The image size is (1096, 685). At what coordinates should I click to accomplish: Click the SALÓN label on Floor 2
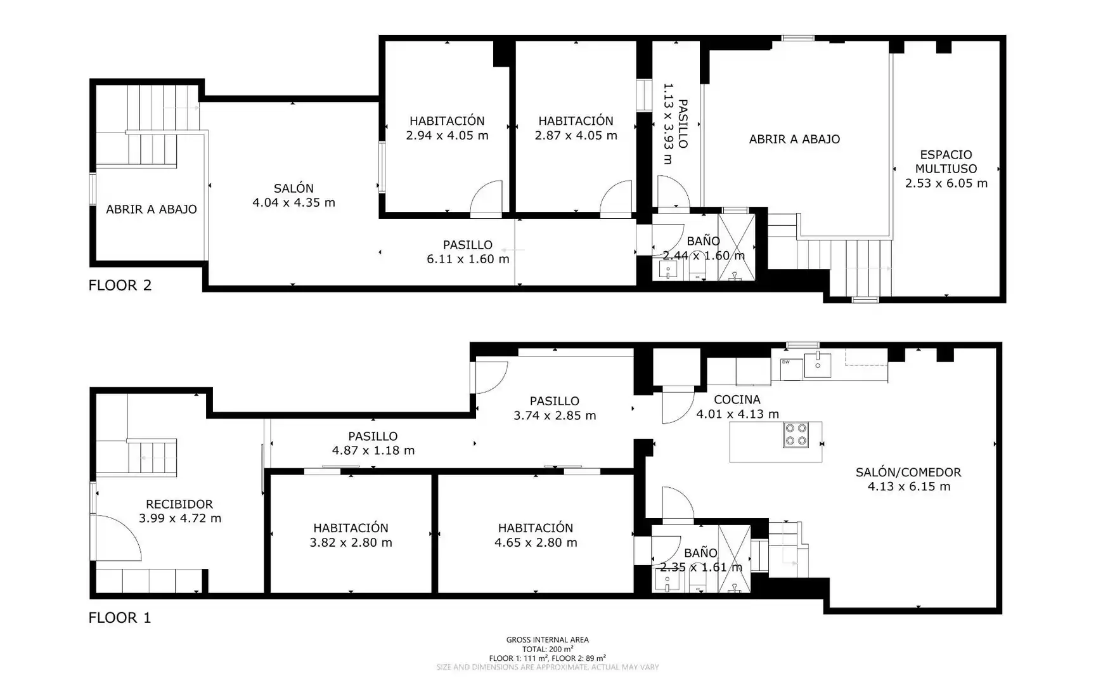tap(293, 188)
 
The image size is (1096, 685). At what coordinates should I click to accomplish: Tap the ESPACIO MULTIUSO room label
tap(946, 162)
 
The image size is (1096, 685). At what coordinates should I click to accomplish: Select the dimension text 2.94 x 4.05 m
tap(447, 135)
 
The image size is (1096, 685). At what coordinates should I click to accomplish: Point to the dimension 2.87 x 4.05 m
tap(576, 135)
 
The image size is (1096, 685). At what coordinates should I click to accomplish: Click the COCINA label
tap(737, 400)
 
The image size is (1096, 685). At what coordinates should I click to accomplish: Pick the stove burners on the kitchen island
tap(796, 434)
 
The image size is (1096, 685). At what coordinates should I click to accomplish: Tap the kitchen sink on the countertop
tap(818, 365)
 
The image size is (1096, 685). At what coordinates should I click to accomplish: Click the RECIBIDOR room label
tap(179, 504)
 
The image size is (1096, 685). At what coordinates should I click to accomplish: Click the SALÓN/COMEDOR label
tap(908, 472)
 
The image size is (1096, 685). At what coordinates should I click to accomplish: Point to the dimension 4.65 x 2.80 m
tap(536, 542)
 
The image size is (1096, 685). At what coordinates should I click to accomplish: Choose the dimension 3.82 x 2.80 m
tap(351, 542)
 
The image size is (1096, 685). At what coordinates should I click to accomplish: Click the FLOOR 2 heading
tap(120, 285)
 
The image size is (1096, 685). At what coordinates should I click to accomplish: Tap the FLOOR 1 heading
tap(120, 618)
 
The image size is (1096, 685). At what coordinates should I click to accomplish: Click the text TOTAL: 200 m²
tap(548, 649)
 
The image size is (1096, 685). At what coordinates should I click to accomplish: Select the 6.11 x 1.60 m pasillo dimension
tap(468, 259)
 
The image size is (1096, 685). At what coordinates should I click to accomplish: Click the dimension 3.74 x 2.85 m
tap(555, 415)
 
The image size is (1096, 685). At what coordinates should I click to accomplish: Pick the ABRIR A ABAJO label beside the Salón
tap(152, 209)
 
